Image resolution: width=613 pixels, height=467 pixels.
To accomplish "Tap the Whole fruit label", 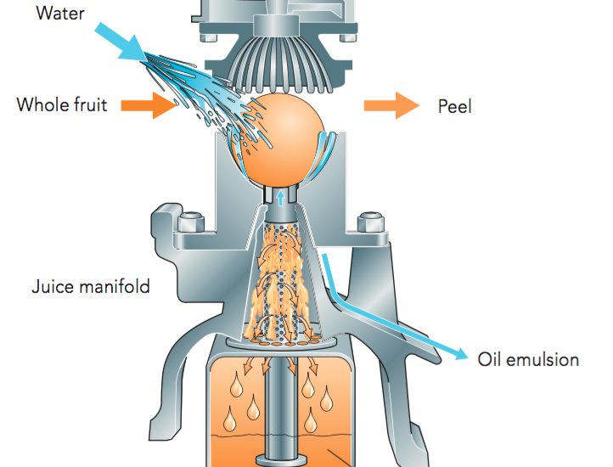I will click(x=61, y=106).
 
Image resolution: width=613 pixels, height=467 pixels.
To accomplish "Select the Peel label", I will click(x=454, y=106).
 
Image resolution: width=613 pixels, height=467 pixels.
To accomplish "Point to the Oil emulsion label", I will click(x=528, y=359).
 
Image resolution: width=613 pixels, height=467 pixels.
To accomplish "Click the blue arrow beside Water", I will click(x=124, y=41).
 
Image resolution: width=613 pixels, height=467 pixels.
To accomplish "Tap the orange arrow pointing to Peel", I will click(x=391, y=105).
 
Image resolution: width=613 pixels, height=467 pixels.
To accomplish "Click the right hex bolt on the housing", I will click(x=369, y=224).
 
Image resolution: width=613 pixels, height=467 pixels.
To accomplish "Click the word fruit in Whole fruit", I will click(x=89, y=106).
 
